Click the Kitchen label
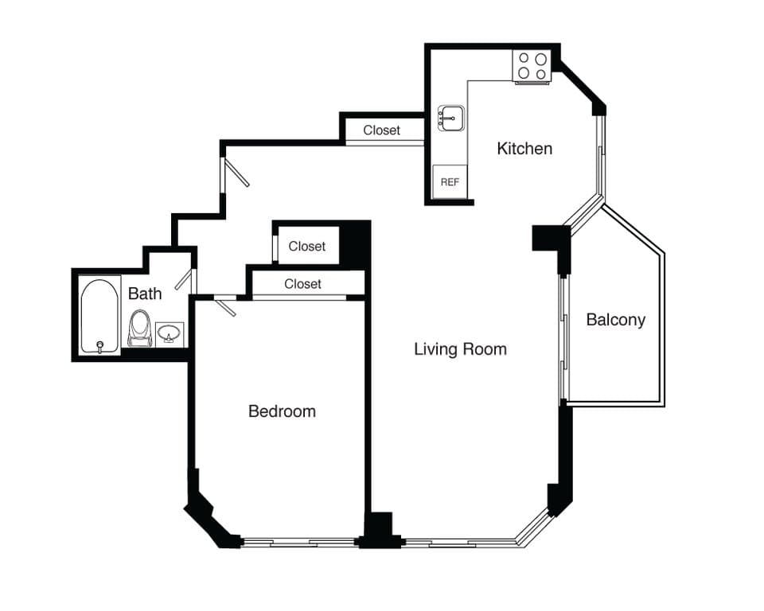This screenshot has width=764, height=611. (x=524, y=148)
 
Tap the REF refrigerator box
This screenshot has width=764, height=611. (x=450, y=181)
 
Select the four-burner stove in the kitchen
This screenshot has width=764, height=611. (x=532, y=66)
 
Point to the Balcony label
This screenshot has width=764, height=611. (x=615, y=320)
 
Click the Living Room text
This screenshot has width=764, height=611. (x=460, y=348)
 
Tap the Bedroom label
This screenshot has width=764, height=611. (x=282, y=411)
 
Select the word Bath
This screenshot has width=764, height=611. (x=145, y=294)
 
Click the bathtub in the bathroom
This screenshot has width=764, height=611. (x=100, y=315)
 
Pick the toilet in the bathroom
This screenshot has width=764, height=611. (x=139, y=327)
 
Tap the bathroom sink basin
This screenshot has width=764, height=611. (x=169, y=333)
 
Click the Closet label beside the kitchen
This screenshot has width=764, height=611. (x=382, y=130)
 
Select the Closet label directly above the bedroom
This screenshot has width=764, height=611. (x=302, y=284)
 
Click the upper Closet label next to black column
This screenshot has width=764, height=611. (x=307, y=247)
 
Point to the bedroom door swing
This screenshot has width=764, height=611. (x=226, y=306)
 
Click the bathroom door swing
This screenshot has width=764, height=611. (x=184, y=279)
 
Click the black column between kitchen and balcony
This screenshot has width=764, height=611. (x=549, y=239)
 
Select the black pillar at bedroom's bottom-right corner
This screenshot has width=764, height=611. (x=378, y=529)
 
